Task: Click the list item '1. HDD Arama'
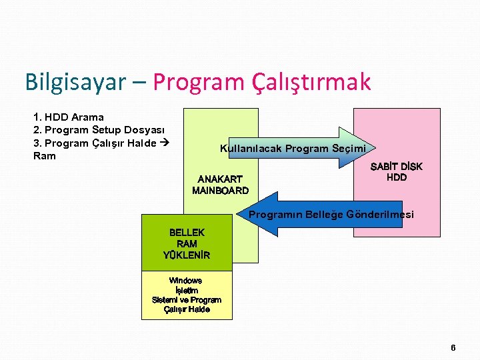pos(68,117)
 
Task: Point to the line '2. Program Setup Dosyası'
pos(99,130)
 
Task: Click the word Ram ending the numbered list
pos(44,156)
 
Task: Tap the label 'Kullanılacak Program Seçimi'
pos(293,148)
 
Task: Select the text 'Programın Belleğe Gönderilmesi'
pos(331,215)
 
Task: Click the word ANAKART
pos(220,179)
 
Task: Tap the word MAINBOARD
pos(220,191)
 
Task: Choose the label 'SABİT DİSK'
pos(396,166)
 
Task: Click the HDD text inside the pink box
pos(396,177)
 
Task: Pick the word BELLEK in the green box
pos(187,233)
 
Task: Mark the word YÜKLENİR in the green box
pos(187,255)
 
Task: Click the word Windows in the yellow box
pos(186,281)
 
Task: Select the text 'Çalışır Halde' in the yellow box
pos(187,309)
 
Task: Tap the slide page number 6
pos(453,347)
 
